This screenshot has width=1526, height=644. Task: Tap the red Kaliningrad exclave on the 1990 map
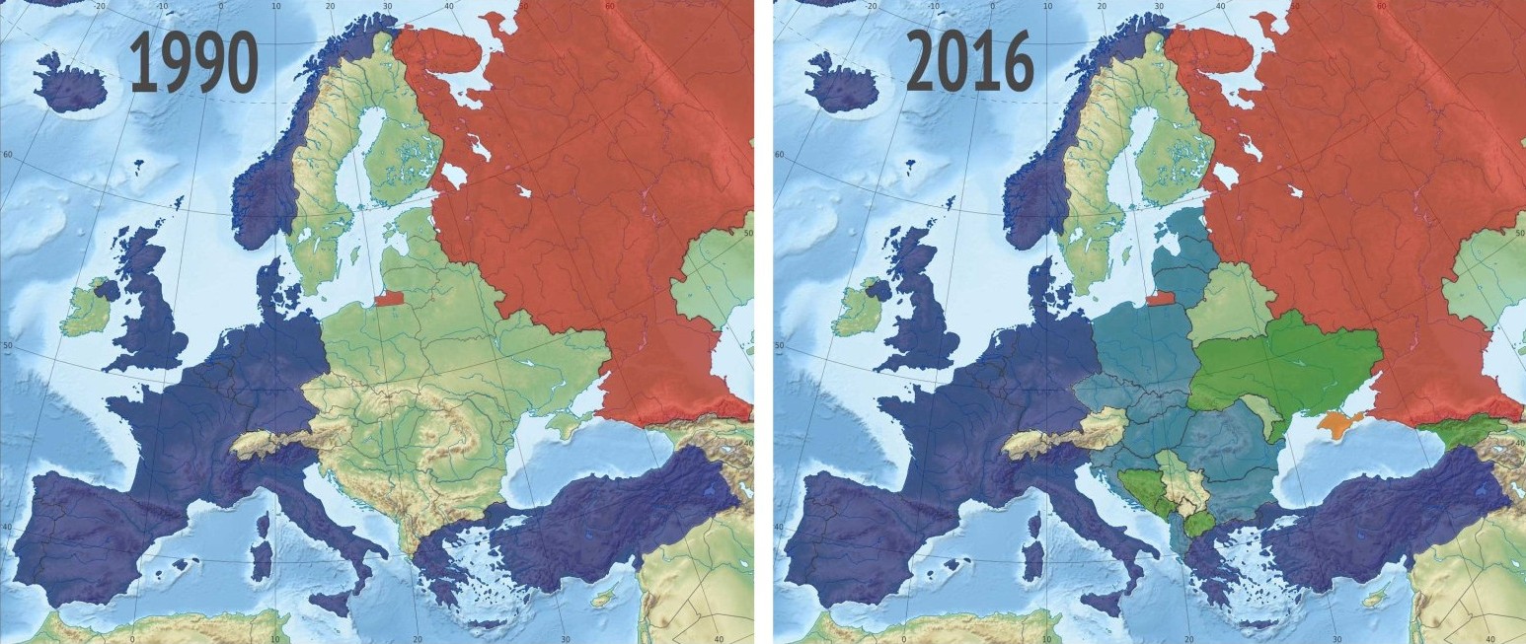pos(388,297)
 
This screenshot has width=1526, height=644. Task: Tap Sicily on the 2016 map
pos(1109,600)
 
